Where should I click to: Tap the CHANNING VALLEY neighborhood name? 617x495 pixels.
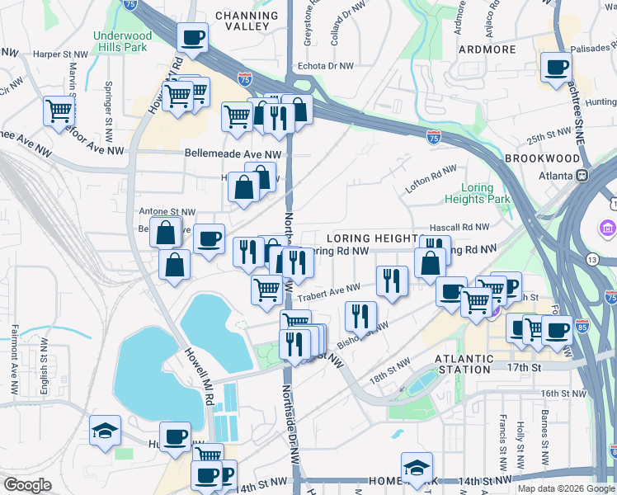[247, 21]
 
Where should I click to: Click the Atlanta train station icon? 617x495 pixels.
[582, 176]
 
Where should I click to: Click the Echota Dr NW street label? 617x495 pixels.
[325, 65]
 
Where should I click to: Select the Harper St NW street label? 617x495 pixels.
[60, 54]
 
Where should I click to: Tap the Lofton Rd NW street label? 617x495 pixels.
[431, 180]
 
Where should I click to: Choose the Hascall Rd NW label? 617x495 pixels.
[459, 227]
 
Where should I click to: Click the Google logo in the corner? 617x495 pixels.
[27, 484]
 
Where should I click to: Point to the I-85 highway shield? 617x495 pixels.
[582, 326]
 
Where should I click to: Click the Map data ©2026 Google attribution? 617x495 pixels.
[565, 488]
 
